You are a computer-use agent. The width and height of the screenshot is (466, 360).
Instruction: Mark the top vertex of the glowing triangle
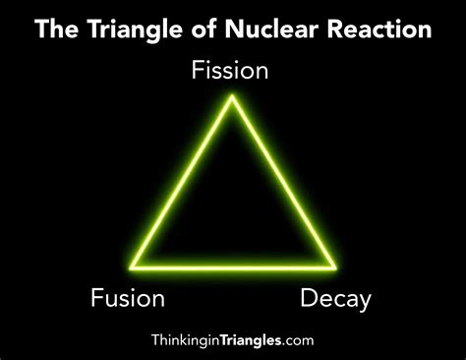(x=233, y=96)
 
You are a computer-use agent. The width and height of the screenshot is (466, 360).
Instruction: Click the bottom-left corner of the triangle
(x=132, y=266)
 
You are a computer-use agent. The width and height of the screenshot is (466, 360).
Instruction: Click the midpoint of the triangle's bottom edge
(x=233, y=266)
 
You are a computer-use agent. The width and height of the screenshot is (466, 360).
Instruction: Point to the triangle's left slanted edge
(x=183, y=181)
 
